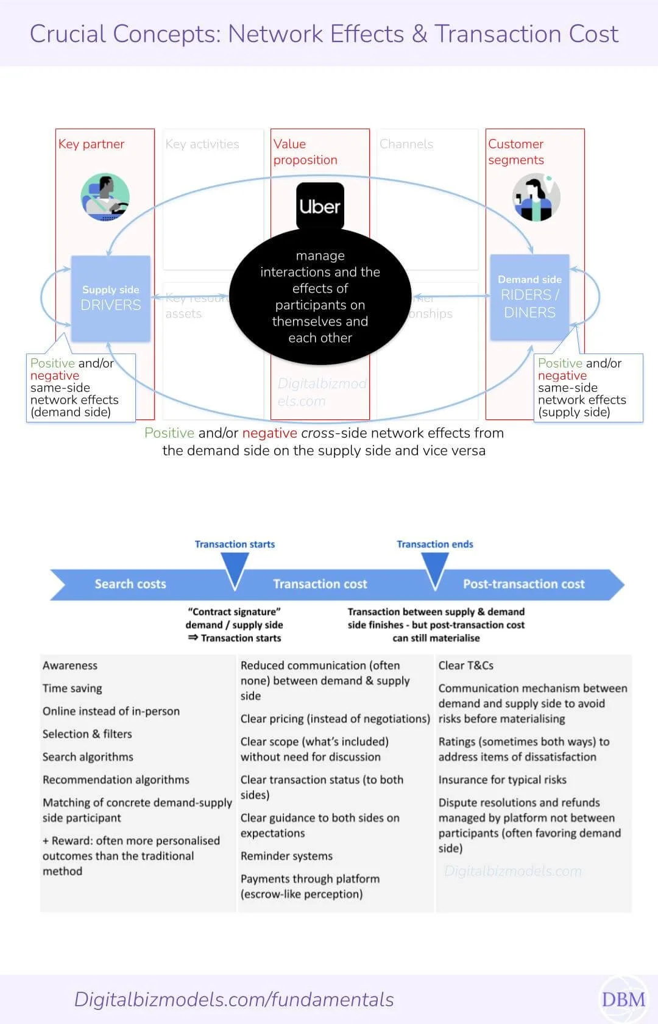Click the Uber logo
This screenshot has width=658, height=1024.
click(320, 206)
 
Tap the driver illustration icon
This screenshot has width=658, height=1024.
click(105, 197)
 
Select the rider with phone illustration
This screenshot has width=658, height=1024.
click(536, 197)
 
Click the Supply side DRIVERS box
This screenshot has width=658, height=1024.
click(111, 298)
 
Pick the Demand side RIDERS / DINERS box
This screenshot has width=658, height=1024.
click(529, 297)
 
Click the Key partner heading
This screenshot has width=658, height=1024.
click(91, 144)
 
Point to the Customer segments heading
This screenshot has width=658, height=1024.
click(515, 152)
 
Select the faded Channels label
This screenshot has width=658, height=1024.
click(406, 144)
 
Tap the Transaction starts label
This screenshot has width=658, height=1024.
click(235, 544)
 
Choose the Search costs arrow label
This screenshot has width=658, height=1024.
click(130, 584)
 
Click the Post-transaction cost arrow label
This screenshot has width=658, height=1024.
click(523, 584)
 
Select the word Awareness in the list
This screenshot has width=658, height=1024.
click(70, 666)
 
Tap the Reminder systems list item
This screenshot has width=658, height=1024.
click(286, 856)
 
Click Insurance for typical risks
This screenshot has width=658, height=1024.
click(502, 780)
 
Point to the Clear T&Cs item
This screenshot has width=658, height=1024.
click(465, 666)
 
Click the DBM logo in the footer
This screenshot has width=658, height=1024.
click(623, 1000)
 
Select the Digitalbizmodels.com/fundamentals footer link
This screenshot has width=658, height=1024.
click(234, 1000)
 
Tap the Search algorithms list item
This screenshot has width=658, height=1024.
click(88, 757)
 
